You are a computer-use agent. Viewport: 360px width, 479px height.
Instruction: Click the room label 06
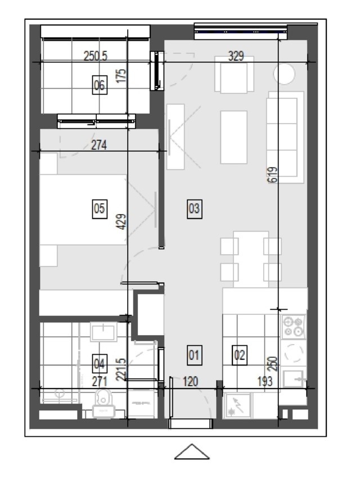[x=100, y=85]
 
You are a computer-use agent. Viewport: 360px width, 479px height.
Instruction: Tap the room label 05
[x=100, y=209]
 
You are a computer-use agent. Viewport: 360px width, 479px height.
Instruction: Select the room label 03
[x=195, y=209]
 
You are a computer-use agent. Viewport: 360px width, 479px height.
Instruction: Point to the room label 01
[x=195, y=355]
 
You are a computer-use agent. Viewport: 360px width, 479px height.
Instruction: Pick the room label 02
[x=240, y=355]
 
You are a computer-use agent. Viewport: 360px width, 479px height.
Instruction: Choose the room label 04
[x=100, y=364]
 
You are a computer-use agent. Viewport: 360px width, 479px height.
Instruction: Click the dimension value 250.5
[x=96, y=56]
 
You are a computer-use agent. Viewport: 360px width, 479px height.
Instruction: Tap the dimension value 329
[x=236, y=56]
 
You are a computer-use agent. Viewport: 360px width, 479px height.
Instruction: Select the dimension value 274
[x=99, y=145]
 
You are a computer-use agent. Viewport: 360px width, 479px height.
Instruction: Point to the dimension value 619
[x=273, y=175]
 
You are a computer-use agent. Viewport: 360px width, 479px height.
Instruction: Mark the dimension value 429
[x=121, y=222]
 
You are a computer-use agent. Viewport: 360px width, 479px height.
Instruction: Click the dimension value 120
[x=190, y=382]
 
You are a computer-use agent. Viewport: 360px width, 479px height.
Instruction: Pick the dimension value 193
[x=264, y=382]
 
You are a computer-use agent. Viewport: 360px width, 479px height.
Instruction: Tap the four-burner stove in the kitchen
[x=294, y=327]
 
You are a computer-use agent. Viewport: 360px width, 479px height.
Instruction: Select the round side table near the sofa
[x=284, y=74]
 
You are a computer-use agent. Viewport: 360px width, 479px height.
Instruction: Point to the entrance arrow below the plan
[x=192, y=451]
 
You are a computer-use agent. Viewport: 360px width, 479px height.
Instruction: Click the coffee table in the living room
[x=234, y=137]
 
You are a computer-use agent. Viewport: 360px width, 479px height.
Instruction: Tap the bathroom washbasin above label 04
[x=103, y=332]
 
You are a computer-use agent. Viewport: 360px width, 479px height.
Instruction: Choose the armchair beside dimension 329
[x=234, y=74]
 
